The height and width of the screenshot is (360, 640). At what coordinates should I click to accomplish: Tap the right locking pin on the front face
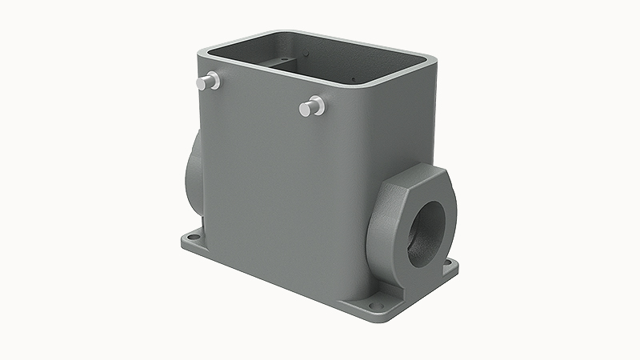pos(313,105)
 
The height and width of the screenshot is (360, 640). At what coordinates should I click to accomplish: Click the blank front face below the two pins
pos(280,184)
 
